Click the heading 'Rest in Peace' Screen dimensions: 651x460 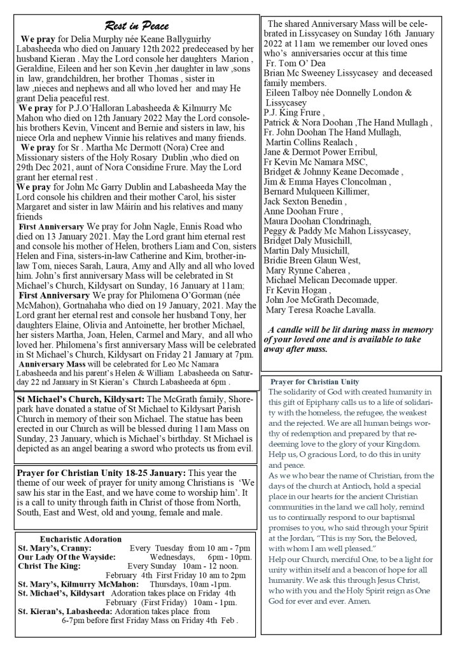tap(136, 26)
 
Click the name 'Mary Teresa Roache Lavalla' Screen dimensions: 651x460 tap(321, 311)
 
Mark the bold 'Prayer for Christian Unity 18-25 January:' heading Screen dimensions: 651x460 tap(102, 473)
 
